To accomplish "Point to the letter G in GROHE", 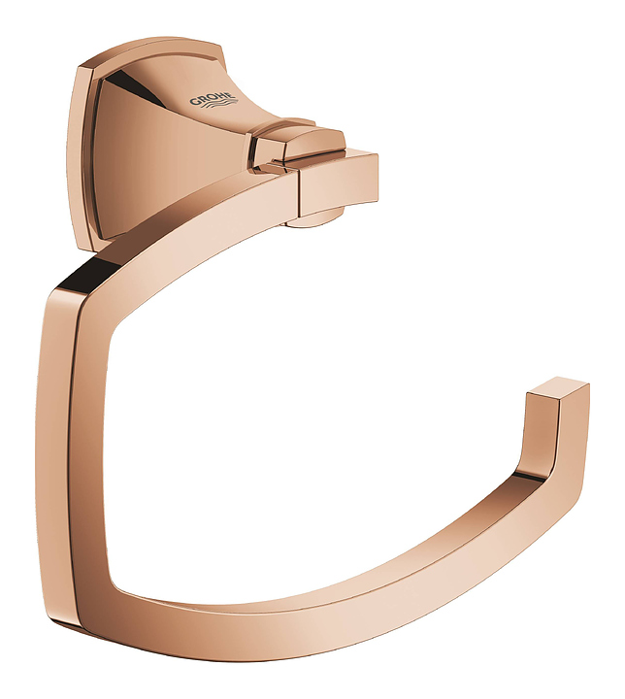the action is pyautogui.click(x=195, y=102).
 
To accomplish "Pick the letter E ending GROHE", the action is pyautogui.click(x=229, y=94).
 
